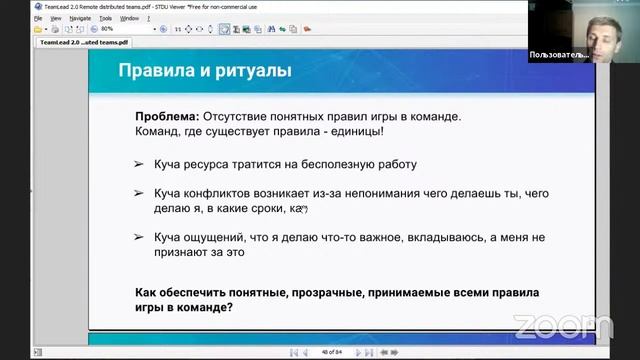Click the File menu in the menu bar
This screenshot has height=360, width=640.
[x=37, y=18]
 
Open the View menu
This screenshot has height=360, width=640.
[x=56, y=18]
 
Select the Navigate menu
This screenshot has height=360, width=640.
[x=80, y=18]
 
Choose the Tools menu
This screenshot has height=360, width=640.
[x=105, y=18]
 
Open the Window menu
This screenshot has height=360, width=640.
[x=129, y=18]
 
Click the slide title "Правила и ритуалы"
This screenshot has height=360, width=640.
[x=205, y=72]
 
